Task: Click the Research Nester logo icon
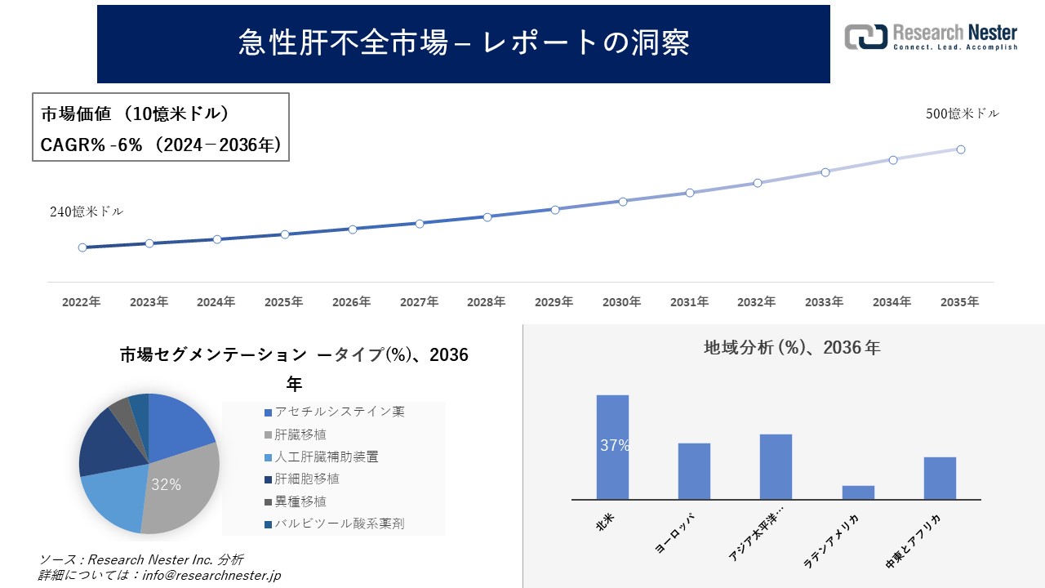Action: [865, 37]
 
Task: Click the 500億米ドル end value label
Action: [962, 114]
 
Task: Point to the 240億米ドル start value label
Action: [87, 212]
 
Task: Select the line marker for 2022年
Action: [82, 247]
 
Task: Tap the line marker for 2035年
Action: [961, 149]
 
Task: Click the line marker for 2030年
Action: [622, 201]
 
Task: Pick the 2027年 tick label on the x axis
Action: [419, 302]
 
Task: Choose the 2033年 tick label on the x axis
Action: [825, 302]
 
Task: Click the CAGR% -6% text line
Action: [161, 145]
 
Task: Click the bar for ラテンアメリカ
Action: [858, 492]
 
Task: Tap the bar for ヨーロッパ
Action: [694, 471]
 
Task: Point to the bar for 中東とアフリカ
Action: [940, 478]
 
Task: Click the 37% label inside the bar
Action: [614, 446]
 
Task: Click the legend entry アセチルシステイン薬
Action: [340, 412]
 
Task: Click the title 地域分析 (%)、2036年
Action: [792, 348]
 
